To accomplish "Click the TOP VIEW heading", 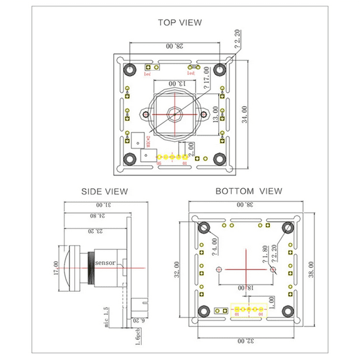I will coord(180,22).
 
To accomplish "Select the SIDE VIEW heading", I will coord(105,191).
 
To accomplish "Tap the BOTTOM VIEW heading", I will coord(249,191).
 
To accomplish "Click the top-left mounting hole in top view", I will coord(130,69).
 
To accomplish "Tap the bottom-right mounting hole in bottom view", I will coord(288,311).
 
